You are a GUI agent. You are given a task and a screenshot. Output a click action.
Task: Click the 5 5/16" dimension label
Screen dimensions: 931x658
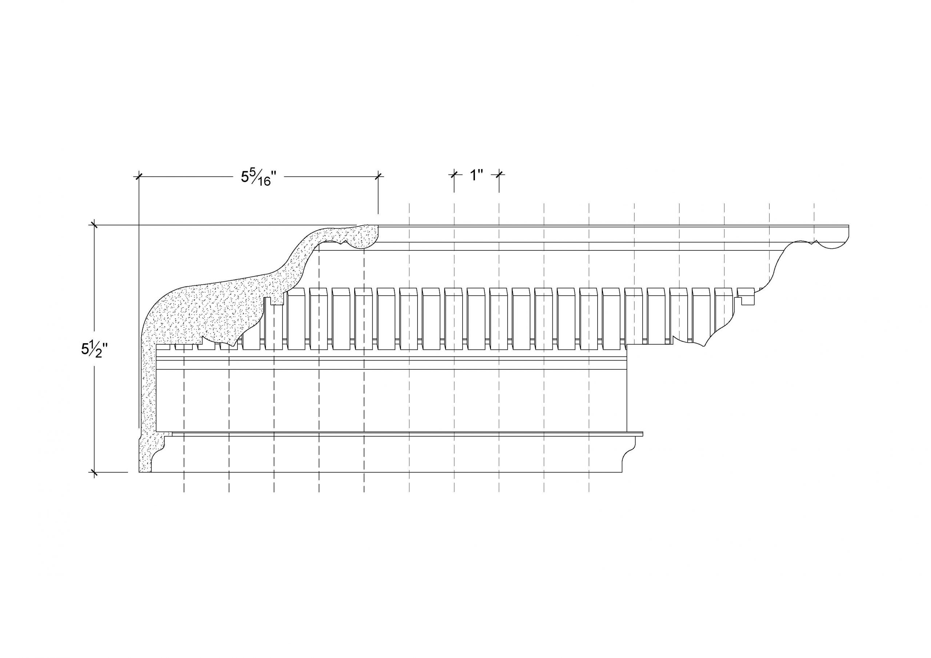(x=258, y=177)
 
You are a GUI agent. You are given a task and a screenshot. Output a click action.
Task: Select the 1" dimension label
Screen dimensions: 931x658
(x=476, y=176)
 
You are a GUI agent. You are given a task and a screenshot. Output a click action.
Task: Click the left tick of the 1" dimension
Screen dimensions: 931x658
(x=454, y=174)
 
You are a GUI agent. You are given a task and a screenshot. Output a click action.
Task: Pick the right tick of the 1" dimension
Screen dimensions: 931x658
(x=499, y=174)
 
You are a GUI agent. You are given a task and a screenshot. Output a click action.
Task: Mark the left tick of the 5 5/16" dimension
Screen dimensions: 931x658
(x=139, y=176)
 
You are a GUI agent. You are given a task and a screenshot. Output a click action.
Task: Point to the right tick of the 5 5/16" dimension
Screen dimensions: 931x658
(x=378, y=176)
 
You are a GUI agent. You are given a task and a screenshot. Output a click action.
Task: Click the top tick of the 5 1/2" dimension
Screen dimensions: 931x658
(x=95, y=225)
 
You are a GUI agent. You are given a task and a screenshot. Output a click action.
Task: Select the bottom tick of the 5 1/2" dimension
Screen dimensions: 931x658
(x=95, y=472)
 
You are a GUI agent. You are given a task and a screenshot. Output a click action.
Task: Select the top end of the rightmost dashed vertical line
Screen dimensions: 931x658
(x=814, y=204)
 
